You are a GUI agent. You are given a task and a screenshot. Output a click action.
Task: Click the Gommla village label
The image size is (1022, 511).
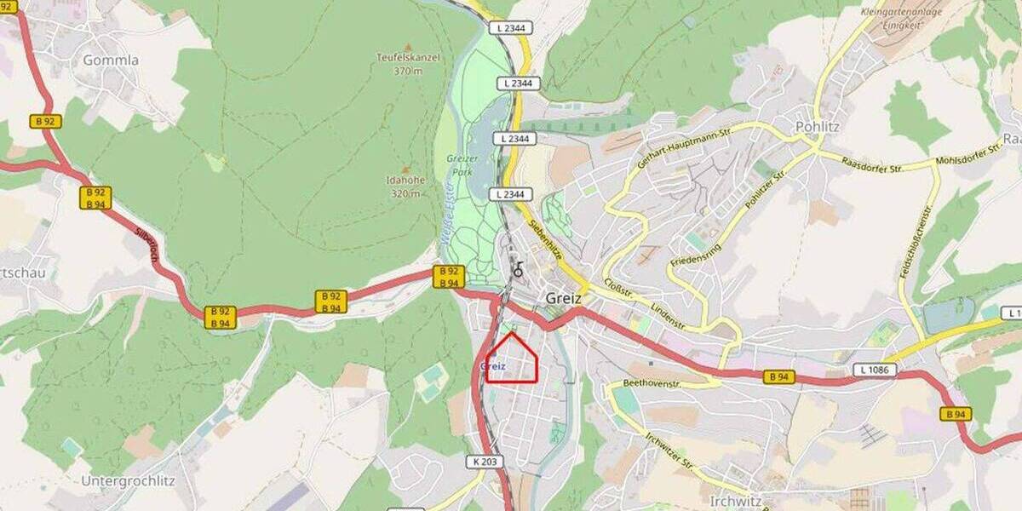(x=111, y=60)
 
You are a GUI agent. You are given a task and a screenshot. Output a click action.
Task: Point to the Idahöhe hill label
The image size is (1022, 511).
(x=405, y=187)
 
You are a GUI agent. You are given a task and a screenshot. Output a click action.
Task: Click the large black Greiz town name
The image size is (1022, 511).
(x=563, y=299)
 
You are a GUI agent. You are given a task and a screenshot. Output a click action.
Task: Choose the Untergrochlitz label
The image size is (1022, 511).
(x=128, y=480)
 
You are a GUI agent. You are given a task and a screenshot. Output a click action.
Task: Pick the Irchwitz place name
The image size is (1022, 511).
(x=737, y=501)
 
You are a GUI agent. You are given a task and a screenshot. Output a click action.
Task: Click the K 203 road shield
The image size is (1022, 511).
(x=483, y=462)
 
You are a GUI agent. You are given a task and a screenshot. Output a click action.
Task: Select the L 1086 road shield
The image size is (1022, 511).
(x=876, y=370)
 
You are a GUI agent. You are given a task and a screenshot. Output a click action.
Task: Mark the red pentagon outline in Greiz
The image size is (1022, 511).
(x=512, y=359)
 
